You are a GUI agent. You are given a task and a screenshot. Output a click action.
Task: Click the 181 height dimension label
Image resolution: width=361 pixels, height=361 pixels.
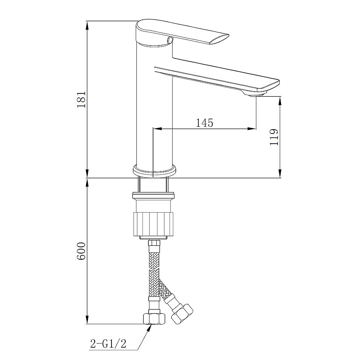(x=81, y=100)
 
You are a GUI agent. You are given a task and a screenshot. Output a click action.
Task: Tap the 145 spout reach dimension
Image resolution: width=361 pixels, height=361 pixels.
(x=204, y=123)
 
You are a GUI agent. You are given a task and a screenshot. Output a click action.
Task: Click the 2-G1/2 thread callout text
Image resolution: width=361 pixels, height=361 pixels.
(x=108, y=344)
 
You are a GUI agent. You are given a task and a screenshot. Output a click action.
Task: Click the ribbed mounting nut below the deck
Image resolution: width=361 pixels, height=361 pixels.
(x=153, y=224)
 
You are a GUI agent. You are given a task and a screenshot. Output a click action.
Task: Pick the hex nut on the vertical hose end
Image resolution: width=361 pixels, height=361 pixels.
(x=154, y=319)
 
